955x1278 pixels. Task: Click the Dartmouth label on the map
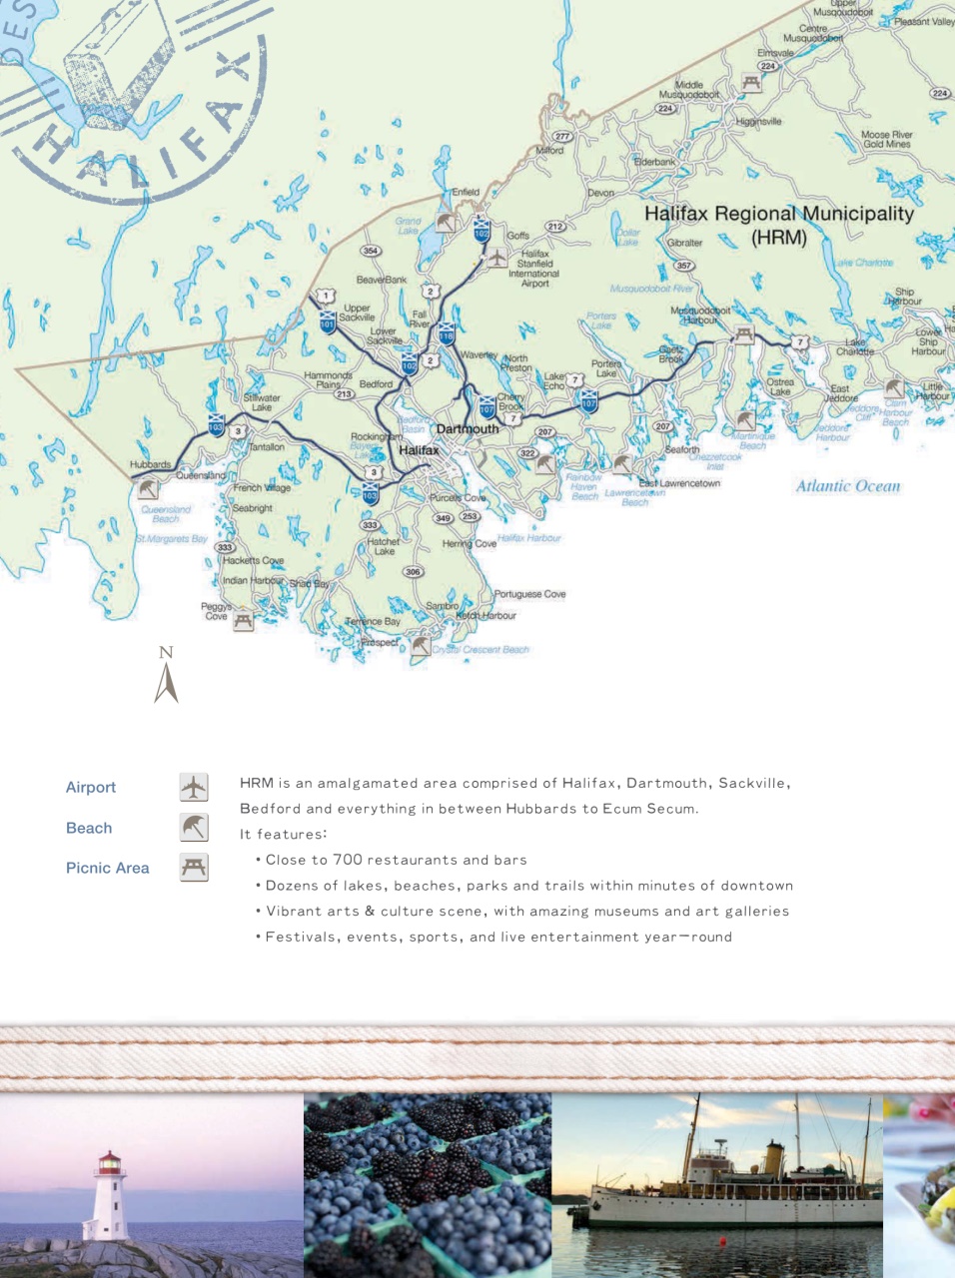[x=468, y=429]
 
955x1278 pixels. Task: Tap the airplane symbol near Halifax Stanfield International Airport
[x=497, y=257]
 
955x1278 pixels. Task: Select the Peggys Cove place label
[x=216, y=611]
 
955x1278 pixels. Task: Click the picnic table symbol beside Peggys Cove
[x=243, y=621]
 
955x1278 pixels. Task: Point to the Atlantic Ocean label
[x=847, y=486]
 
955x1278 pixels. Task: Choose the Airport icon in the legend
[x=194, y=787]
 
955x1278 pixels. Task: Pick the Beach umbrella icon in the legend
[x=194, y=827]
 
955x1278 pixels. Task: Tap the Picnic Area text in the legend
[x=107, y=868]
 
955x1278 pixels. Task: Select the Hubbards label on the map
[x=150, y=465]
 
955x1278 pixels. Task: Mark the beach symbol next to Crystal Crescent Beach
[x=421, y=646]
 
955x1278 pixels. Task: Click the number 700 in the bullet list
[x=348, y=860]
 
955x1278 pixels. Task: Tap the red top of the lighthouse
[x=109, y=1160]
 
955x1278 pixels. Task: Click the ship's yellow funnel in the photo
[x=773, y=1157]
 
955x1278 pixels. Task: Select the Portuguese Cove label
[x=529, y=594]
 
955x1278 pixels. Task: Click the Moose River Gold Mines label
[x=886, y=139]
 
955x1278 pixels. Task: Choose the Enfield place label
[x=466, y=192]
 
